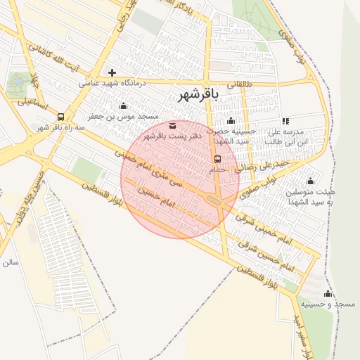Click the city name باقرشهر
199,94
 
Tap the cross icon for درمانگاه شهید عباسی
112,72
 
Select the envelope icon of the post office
173,126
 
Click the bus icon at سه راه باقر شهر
60,117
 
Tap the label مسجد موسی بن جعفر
124,116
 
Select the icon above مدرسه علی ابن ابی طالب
285,122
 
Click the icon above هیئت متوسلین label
310,181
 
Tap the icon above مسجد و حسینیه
327,293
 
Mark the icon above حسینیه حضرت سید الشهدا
231,122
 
